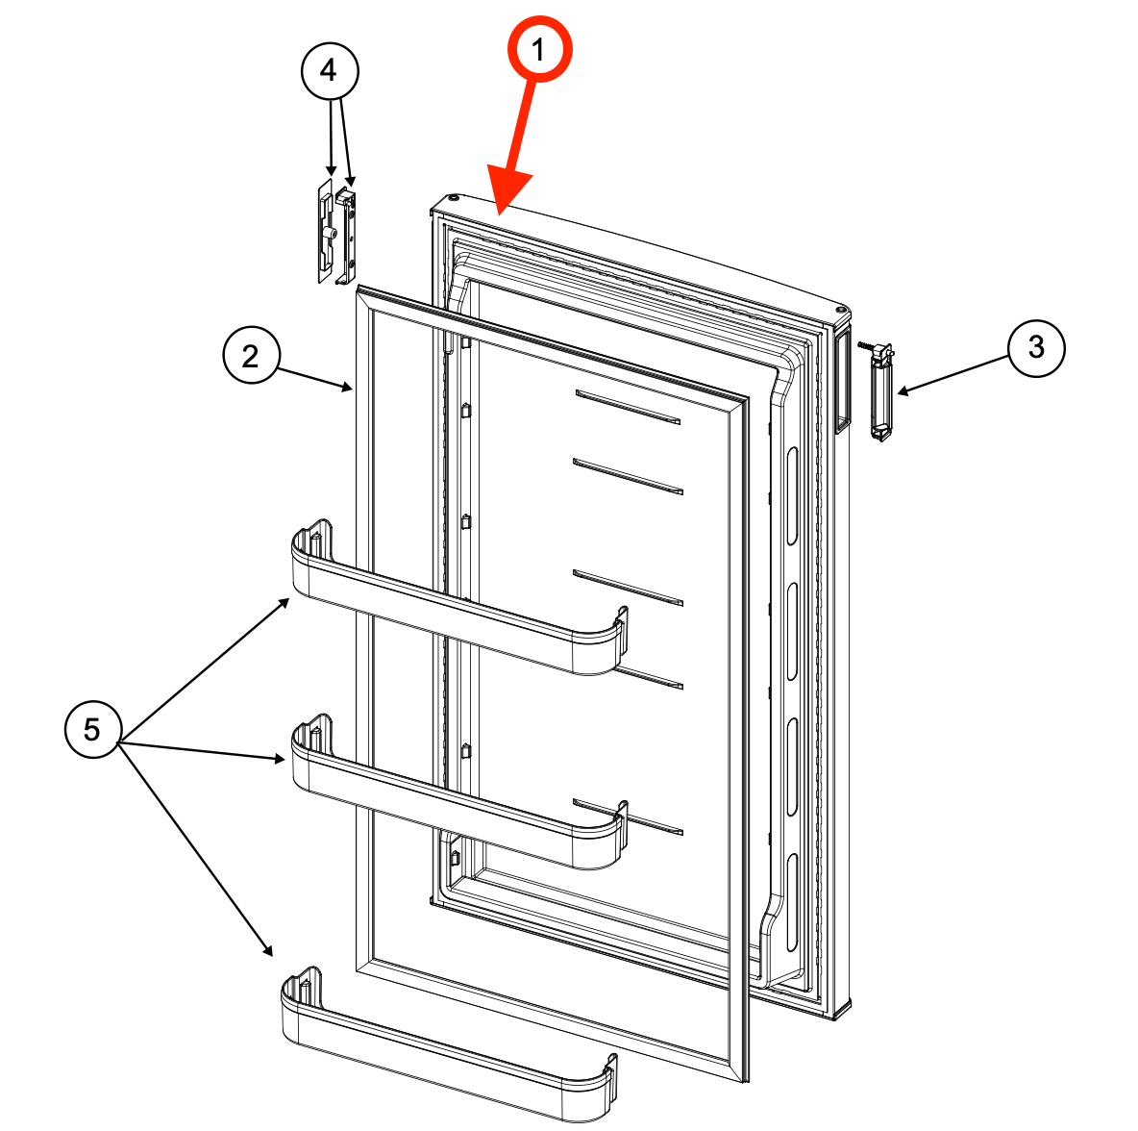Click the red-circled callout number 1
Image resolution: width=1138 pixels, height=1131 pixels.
click(x=539, y=49)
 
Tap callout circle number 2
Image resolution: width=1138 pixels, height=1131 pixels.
click(x=250, y=357)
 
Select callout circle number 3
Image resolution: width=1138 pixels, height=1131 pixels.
click(x=1035, y=347)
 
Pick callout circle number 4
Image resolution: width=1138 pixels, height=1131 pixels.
click(x=329, y=70)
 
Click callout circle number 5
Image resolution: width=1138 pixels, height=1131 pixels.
click(x=92, y=730)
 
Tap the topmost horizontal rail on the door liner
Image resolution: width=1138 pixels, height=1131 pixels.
click(x=629, y=407)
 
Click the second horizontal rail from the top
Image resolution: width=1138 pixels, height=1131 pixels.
click(x=629, y=476)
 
